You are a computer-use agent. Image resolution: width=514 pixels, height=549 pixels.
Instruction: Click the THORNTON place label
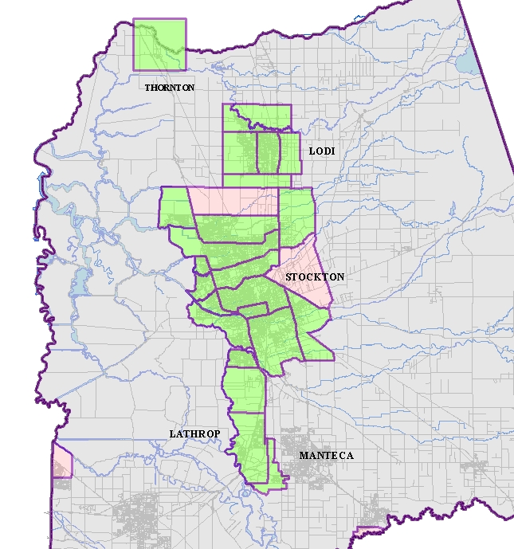[169, 88]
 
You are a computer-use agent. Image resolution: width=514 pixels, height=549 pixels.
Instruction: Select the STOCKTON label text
[315, 277]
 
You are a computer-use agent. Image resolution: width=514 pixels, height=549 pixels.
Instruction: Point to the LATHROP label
[194, 434]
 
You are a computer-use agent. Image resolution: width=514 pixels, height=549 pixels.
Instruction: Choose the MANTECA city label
[326, 456]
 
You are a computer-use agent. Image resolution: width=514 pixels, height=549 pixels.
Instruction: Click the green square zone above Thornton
[159, 45]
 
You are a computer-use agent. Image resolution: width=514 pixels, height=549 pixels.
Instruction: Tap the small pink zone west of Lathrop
[61, 461]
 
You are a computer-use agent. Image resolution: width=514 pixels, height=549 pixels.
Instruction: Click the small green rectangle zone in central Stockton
[253, 312]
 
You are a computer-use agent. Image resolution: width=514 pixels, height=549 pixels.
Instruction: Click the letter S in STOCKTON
[288, 277]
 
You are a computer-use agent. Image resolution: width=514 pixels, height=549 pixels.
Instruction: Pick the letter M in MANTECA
[303, 456]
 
